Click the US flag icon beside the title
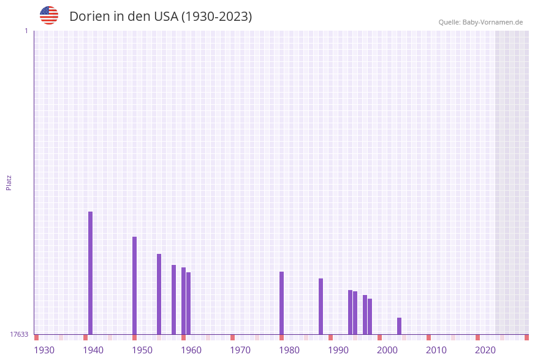49,15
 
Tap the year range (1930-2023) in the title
216,17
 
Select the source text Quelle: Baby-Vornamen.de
480,22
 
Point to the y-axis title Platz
9,182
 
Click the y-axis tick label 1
26,31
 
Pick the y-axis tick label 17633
18,334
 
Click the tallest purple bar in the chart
90,273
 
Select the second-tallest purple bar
134,285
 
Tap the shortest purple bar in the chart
399,326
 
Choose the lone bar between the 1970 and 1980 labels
281,303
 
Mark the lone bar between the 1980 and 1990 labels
321,306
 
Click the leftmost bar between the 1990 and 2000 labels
350,312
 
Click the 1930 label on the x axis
44,350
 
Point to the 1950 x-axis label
142,350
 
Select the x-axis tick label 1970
240,350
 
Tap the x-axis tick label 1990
338,350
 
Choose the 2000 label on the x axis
387,350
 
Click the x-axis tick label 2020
485,350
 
